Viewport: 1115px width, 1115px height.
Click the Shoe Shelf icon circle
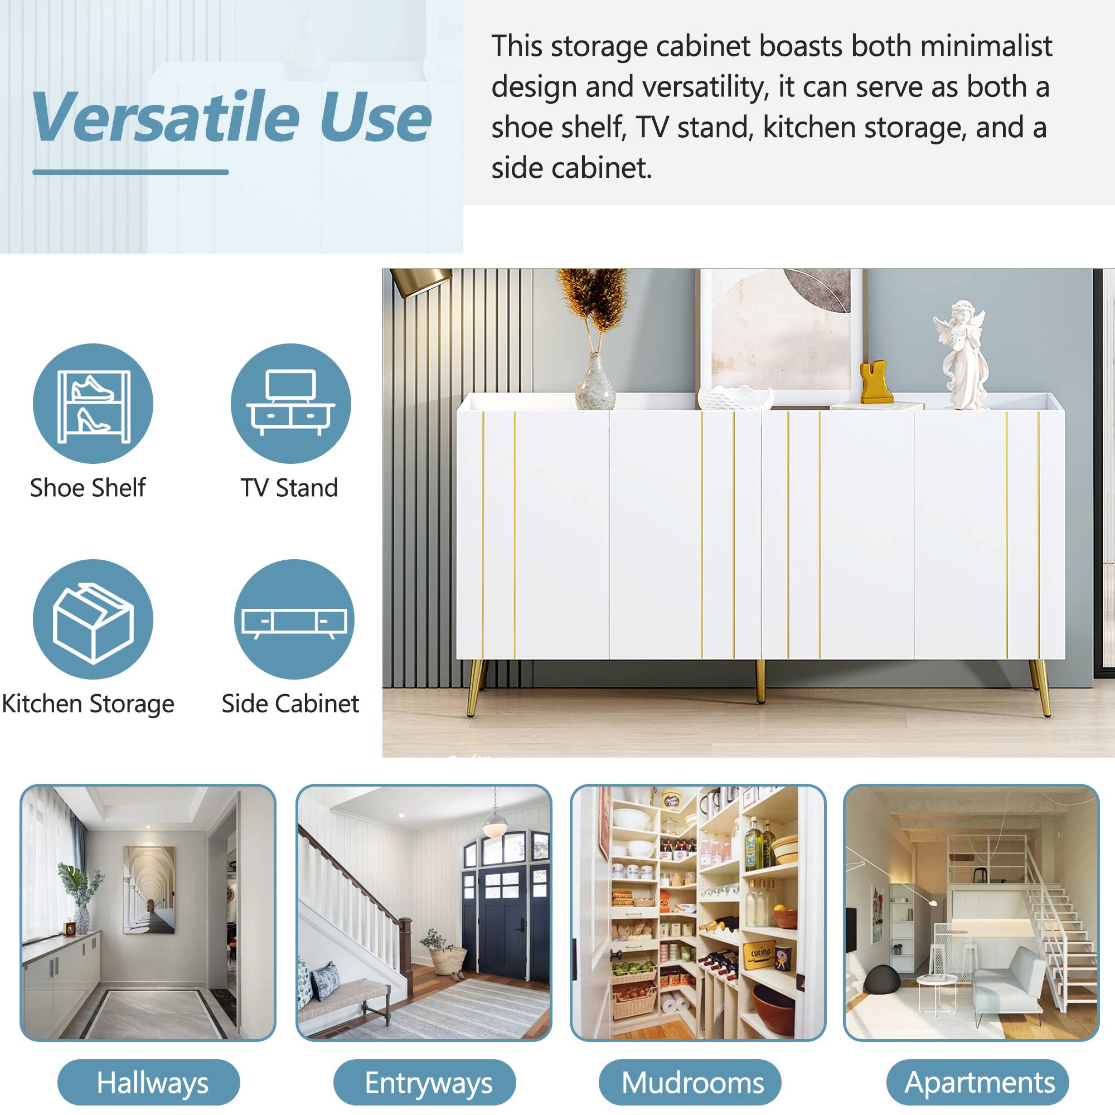pyautogui.click(x=93, y=404)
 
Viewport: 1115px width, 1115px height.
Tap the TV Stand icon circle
pyautogui.click(x=291, y=404)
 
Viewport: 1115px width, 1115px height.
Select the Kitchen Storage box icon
pyautogui.click(x=93, y=619)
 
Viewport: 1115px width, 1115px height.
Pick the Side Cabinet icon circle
pyautogui.click(x=294, y=619)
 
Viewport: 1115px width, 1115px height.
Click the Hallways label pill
pyautogui.click(x=149, y=1083)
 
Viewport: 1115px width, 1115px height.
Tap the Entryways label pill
pyautogui.click(x=425, y=1083)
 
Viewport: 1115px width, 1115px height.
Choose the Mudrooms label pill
pyautogui.click(x=690, y=1083)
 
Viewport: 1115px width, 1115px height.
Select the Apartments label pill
pyautogui.click(x=977, y=1083)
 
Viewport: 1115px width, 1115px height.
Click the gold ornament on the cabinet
pyautogui.click(x=876, y=382)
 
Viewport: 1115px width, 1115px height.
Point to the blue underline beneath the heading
pyautogui.click(x=130, y=172)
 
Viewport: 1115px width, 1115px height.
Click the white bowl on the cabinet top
pyautogui.click(x=735, y=398)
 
